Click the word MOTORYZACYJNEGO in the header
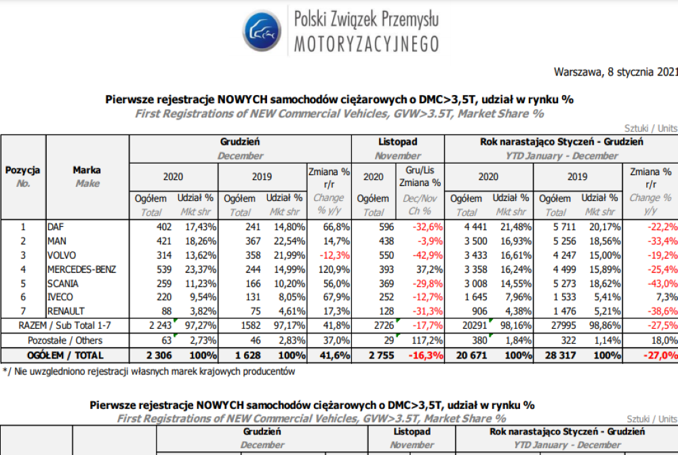(x=366, y=45)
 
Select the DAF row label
(x=56, y=227)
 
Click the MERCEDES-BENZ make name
(x=82, y=269)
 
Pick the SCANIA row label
(x=62, y=283)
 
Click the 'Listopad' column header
(x=397, y=142)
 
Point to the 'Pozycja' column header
(x=23, y=170)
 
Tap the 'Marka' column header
(x=87, y=170)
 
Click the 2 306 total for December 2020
(x=157, y=355)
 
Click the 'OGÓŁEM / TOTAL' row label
(x=65, y=355)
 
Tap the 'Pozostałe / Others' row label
(x=65, y=340)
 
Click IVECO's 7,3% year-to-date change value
(x=667, y=297)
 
